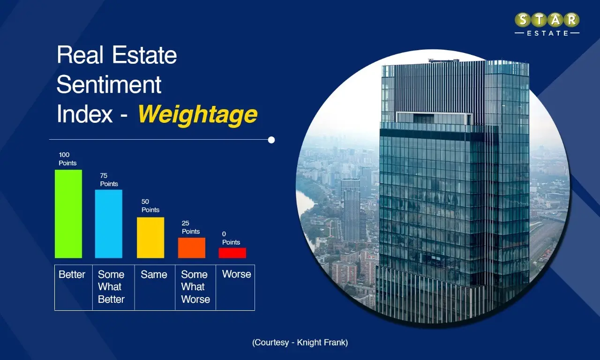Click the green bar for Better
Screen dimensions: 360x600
[68, 214]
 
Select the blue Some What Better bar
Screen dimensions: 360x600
[109, 224]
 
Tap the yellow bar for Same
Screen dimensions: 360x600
[150, 237]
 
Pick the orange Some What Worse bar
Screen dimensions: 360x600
[192, 247]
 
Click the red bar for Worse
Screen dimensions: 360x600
[232, 253]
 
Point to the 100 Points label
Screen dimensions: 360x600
[67, 159]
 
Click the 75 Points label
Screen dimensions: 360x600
[109, 180]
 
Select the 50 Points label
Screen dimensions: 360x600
[150, 206]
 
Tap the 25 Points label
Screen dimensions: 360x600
[191, 227]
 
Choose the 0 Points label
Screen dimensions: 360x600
[231, 238]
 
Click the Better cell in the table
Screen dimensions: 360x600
[72, 275]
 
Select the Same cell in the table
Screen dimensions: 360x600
[154, 275]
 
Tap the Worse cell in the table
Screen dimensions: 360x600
[236, 274]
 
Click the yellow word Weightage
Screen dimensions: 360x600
[197, 114]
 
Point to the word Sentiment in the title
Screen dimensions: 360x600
[109, 85]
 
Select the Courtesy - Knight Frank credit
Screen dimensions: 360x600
[300, 343]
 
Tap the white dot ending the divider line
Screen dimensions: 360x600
[271, 140]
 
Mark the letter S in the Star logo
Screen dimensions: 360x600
[523, 20]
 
